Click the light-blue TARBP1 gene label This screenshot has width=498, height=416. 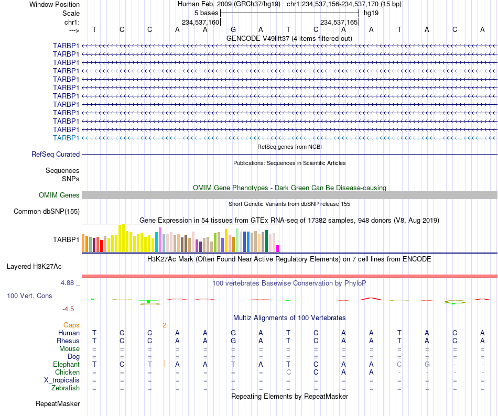(x=66, y=138)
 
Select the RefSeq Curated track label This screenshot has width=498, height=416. (x=56, y=154)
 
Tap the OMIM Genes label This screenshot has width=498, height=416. (x=59, y=195)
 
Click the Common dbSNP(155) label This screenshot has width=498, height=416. (x=47, y=211)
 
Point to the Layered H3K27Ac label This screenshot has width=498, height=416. (x=34, y=267)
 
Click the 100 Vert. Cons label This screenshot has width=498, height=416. (x=29, y=295)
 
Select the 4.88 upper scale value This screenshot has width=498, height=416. (x=67, y=283)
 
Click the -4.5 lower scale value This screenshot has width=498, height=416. (x=68, y=309)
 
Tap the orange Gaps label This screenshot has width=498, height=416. (x=71, y=325)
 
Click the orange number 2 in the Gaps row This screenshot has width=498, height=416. (x=164, y=325)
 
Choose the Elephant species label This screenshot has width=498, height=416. (x=67, y=364)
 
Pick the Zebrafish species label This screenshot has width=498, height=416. (x=66, y=388)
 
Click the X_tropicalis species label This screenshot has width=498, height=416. (x=62, y=380)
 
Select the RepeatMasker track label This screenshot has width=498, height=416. (x=58, y=403)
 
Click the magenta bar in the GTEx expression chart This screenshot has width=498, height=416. (x=278, y=249)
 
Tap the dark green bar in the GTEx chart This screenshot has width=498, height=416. (x=267, y=241)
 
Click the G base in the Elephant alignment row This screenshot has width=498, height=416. (x=427, y=364)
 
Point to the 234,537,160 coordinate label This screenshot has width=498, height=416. (x=200, y=23)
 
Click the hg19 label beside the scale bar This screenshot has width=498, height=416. (x=371, y=13)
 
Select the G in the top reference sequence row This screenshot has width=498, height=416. (x=233, y=29)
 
